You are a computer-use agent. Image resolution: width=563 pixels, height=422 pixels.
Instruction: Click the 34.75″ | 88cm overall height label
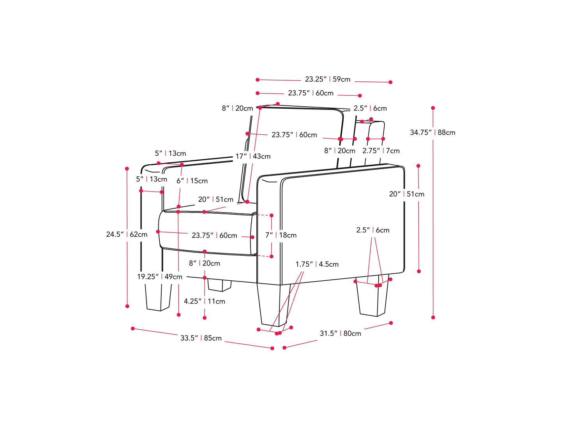[432, 132]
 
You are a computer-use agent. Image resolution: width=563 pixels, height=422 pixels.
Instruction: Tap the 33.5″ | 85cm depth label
[201, 338]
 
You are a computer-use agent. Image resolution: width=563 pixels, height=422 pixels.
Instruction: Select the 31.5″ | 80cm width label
[340, 333]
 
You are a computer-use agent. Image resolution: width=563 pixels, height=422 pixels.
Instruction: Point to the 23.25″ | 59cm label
[327, 79]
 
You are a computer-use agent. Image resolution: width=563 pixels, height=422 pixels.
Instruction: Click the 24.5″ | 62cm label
[127, 234]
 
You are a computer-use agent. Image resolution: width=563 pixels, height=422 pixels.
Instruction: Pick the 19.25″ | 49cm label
[159, 277]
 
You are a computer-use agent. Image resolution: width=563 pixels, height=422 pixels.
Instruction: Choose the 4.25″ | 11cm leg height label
[204, 301]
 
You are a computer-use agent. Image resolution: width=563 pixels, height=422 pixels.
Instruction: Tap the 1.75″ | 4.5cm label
[317, 264]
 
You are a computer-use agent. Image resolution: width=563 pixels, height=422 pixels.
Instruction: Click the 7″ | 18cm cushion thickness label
[281, 235]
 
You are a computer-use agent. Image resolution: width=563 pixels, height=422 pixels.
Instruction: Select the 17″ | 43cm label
[253, 156]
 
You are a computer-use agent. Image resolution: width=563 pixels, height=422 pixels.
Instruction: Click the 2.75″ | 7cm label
[381, 151]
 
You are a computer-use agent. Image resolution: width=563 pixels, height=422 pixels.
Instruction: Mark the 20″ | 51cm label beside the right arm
[406, 194]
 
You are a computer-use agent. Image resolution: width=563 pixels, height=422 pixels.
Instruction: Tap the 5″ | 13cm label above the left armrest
[170, 153]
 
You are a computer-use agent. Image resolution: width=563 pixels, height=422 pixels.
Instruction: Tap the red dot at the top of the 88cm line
[433, 108]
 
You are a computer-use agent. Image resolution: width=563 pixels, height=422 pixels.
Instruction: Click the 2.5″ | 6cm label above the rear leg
[372, 230]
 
